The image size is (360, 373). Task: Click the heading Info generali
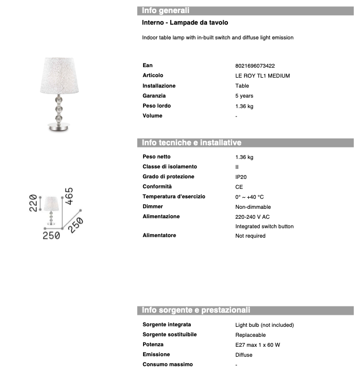point(166,10)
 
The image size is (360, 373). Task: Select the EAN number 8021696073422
point(255,66)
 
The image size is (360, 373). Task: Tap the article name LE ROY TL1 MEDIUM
point(263,76)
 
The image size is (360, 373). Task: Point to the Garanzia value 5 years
point(244,96)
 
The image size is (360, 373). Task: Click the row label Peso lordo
point(156,106)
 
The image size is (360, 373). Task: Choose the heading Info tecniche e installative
point(191,143)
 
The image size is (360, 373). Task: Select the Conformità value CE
point(239,187)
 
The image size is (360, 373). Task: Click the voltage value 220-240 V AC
point(253,217)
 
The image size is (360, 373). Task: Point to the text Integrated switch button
point(264,227)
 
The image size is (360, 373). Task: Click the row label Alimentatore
point(159,236)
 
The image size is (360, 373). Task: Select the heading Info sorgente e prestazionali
point(196,310)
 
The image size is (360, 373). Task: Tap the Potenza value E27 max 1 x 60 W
point(258,345)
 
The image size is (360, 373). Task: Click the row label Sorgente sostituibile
point(169,335)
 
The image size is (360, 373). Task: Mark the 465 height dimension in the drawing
point(69,196)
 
